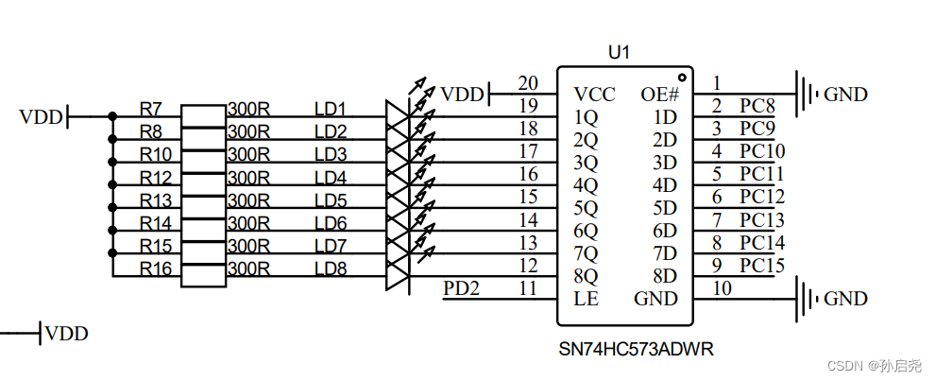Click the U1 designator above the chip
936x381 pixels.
point(619,53)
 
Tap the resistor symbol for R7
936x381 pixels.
point(203,116)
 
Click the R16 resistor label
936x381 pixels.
point(156,269)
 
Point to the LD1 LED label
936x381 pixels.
point(331,109)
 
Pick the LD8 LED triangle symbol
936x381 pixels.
point(400,275)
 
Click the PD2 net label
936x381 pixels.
point(462,287)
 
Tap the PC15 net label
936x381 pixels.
point(761,266)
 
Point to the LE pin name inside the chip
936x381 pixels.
point(586,300)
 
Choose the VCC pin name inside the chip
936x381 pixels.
point(595,95)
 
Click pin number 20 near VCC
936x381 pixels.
point(528,82)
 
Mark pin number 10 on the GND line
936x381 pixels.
point(722,287)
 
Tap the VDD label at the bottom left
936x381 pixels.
point(66,333)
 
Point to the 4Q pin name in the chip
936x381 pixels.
point(586,185)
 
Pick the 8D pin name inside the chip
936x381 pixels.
point(665,276)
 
